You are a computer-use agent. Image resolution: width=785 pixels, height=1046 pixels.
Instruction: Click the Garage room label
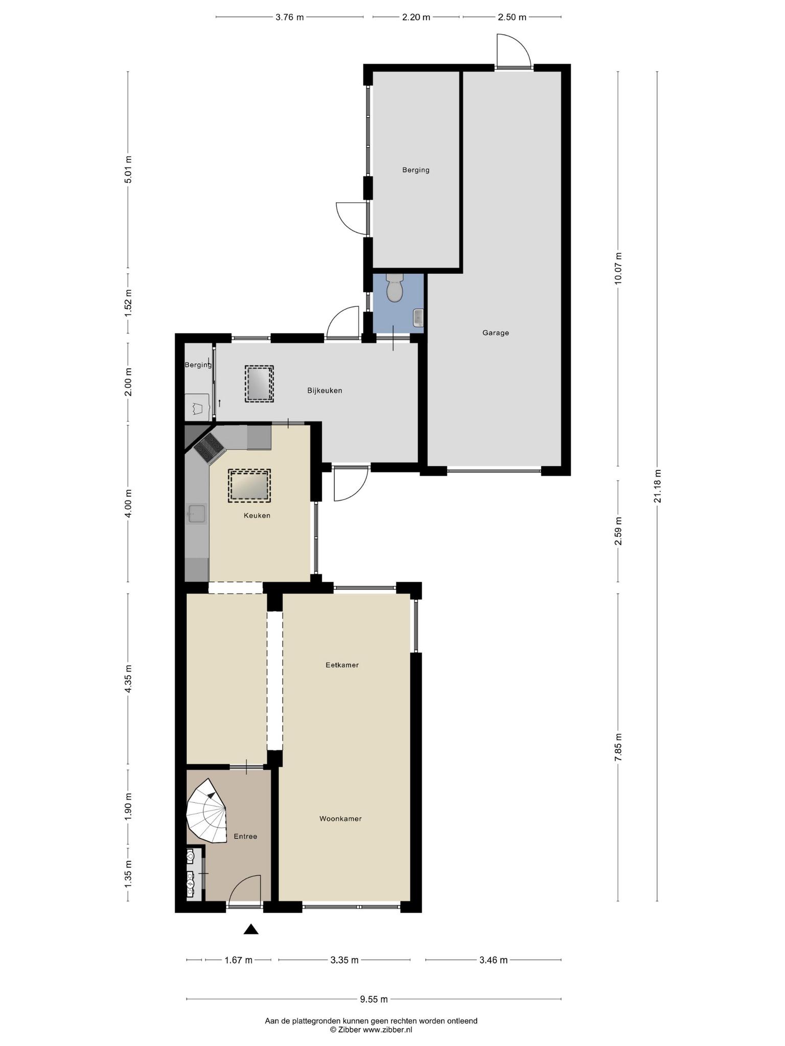tap(495, 333)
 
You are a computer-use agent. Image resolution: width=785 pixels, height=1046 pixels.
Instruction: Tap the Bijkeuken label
tap(325, 391)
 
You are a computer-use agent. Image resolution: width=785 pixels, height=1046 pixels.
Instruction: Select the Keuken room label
tap(257, 515)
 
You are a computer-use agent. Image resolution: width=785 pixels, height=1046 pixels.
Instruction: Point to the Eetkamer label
tap(342, 665)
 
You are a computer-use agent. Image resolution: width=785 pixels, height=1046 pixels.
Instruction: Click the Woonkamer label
tap(340, 819)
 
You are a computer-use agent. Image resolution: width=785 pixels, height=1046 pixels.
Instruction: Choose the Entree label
tap(245, 837)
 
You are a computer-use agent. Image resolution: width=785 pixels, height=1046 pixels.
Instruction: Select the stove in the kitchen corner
tap(209, 448)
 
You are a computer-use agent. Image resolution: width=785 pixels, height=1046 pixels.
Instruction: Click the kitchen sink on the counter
tap(197, 514)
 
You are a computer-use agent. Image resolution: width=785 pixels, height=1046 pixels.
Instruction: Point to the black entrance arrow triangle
tap(250, 929)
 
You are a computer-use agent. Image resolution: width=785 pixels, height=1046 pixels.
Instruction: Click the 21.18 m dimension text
tap(657, 486)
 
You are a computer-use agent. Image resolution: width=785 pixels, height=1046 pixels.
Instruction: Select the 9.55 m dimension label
tap(374, 1000)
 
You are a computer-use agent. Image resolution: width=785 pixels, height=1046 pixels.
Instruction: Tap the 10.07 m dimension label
tap(618, 269)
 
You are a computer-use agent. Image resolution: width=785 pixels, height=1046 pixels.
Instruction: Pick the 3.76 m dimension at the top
tap(290, 17)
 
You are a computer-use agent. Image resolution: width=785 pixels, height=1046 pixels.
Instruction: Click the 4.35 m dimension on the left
tap(128, 679)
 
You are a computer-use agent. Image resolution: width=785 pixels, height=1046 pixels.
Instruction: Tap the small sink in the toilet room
tap(418, 317)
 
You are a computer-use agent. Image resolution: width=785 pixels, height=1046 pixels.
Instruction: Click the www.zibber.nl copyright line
tap(371, 1030)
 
